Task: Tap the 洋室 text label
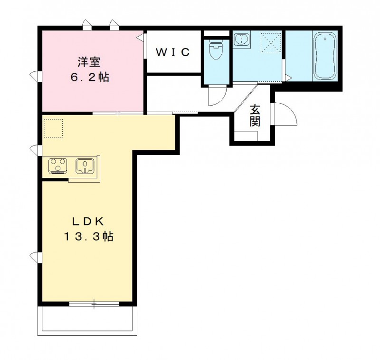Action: click(x=89, y=61)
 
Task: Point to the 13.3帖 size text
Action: click(x=89, y=236)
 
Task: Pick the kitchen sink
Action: click(x=86, y=166)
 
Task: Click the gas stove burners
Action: click(x=58, y=166)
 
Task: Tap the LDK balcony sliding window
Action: click(x=94, y=303)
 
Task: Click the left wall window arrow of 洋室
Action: click(x=35, y=75)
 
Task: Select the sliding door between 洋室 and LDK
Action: click(x=118, y=113)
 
